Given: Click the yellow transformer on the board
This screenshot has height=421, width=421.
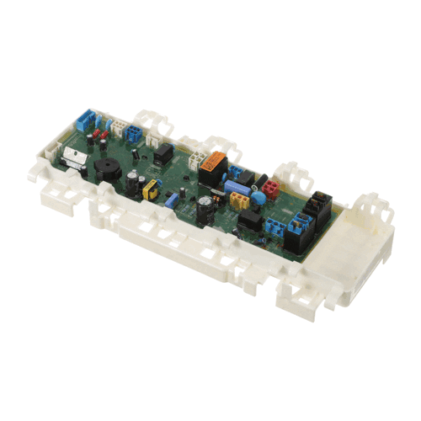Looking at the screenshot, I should pos(152,189).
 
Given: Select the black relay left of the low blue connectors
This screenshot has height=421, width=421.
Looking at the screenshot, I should pos(249,221).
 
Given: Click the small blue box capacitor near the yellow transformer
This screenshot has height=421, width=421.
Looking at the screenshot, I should pos(171,200).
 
